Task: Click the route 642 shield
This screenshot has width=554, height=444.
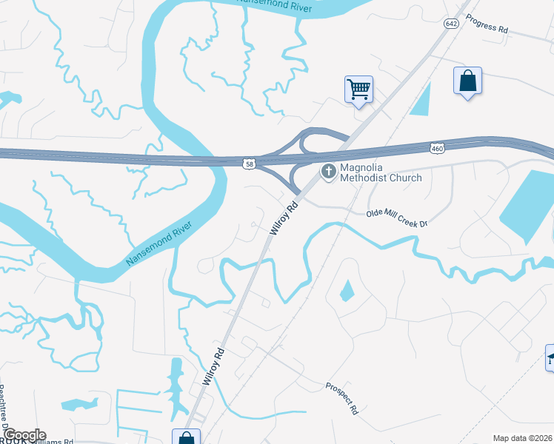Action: click(450, 24)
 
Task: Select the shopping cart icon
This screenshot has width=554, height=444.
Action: click(358, 90)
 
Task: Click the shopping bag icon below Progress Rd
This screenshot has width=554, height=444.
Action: click(468, 81)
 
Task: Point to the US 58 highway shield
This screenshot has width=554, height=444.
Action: click(251, 162)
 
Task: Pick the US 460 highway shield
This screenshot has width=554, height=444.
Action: click(436, 149)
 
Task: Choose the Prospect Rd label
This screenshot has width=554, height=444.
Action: click(342, 397)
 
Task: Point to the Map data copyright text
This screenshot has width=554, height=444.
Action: click(522, 438)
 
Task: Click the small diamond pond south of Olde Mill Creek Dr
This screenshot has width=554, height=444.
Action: click(347, 290)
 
